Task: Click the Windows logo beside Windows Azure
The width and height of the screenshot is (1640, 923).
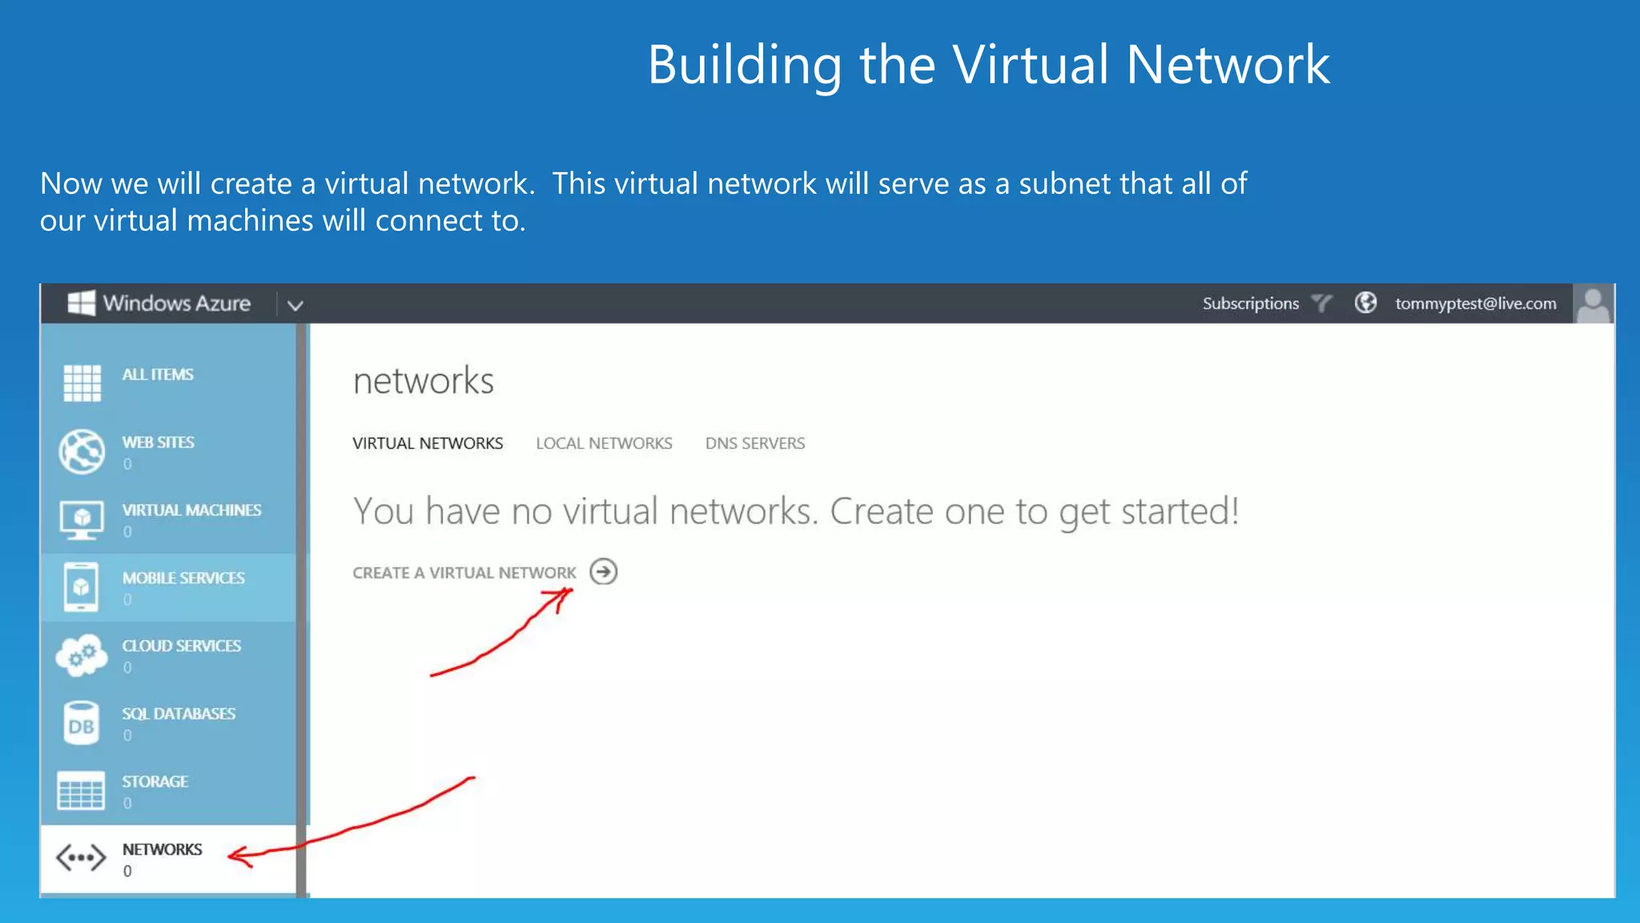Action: tap(81, 303)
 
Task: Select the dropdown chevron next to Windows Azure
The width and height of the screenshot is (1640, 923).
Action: tap(295, 305)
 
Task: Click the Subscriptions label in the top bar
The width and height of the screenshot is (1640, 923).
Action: tap(1250, 304)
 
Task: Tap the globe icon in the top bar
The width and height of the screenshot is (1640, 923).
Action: tap(1365, 303)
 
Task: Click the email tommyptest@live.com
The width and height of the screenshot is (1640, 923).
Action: tap(1475, 304)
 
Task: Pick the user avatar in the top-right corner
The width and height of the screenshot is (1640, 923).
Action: tap(1593, 304)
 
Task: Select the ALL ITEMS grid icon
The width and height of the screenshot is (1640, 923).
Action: tap(82, 382)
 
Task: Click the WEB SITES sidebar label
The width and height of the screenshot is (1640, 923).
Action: tap(158, 442)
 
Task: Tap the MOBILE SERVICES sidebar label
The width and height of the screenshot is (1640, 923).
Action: tap(183, 578)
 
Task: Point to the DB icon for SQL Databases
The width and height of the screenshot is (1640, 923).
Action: tap(81, 723)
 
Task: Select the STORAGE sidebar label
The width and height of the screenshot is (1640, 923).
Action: tap(155, 781)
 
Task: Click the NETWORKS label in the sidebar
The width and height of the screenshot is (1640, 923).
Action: tap(162, 849)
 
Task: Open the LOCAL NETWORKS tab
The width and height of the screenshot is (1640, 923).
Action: tap(604, 443)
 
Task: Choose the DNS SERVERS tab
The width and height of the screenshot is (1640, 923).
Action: tap(754, 443)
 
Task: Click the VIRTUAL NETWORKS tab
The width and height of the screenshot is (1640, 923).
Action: tap(428, 443)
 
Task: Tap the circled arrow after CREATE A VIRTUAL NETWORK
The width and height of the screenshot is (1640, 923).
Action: tap(603, 572)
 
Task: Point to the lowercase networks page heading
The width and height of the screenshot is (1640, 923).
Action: tap(423, 381)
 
